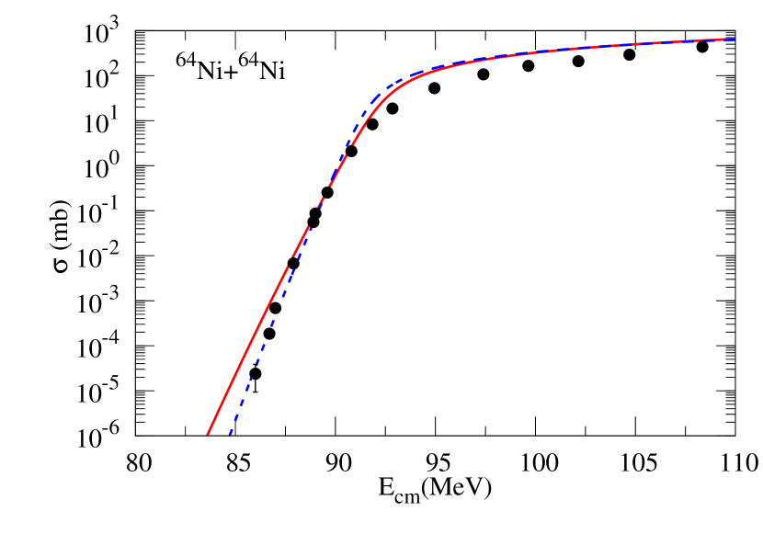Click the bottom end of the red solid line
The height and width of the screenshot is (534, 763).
pos(208,433)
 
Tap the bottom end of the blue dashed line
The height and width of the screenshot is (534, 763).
pos(229,434)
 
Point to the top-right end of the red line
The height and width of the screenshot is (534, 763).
pos(734,40)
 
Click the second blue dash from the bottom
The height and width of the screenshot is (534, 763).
pos(237,412)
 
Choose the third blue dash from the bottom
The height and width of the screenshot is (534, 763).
pos(245,392)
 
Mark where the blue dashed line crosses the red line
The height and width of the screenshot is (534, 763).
pos(322,199)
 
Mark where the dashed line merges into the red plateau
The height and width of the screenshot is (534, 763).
pos(441,68)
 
